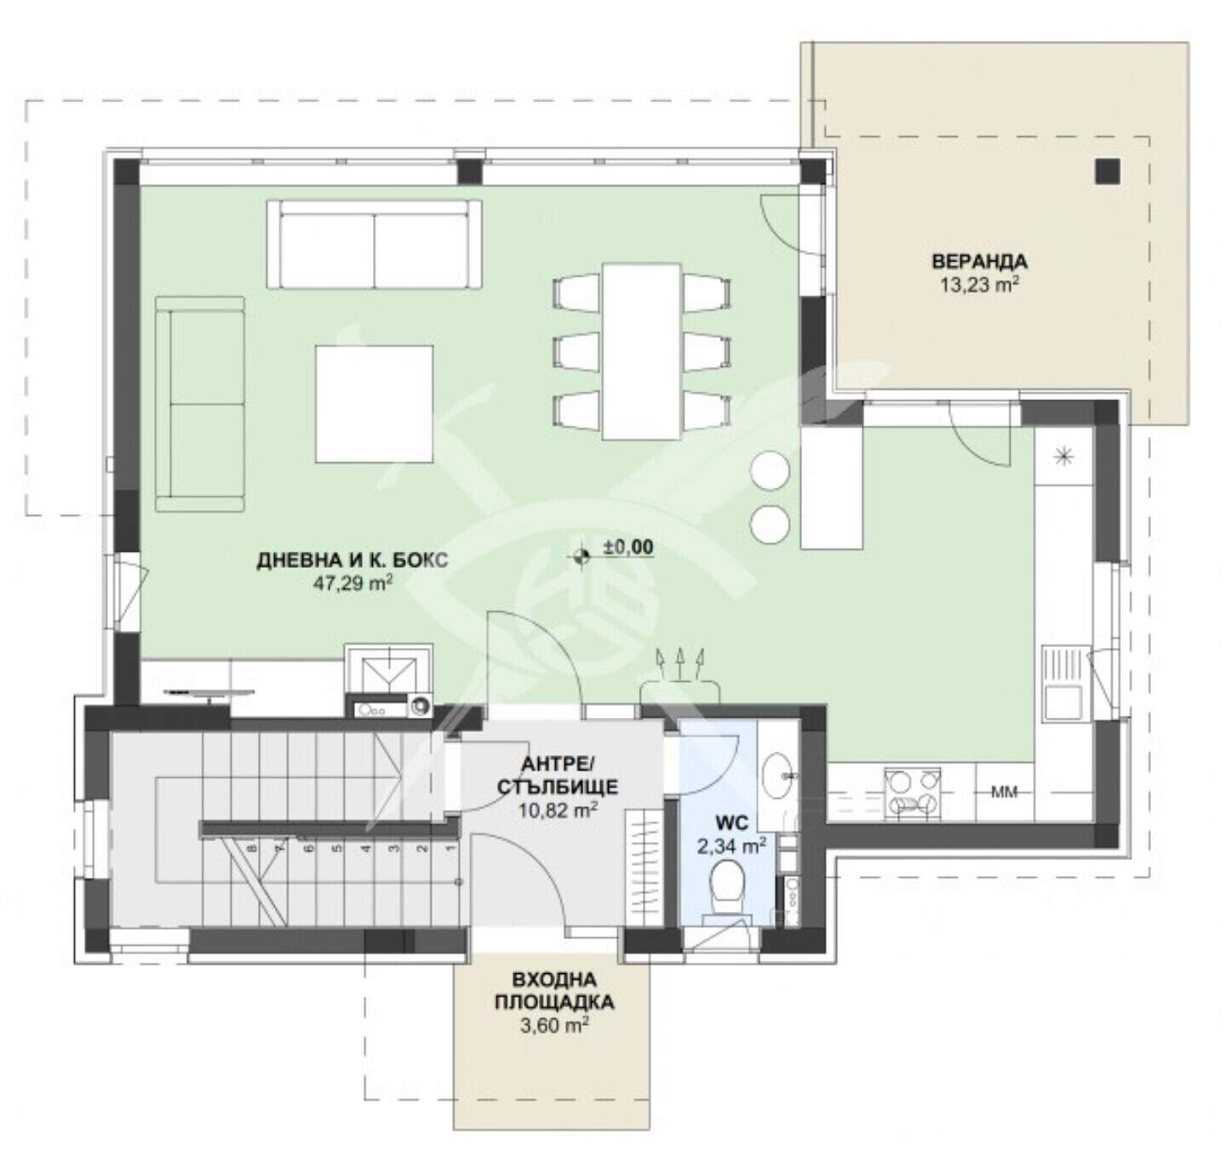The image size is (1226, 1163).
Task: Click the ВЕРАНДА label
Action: [x=979, y=261]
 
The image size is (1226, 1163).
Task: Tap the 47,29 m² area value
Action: [x=353, y=583]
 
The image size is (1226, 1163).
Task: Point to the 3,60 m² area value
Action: [x=554, y=1024]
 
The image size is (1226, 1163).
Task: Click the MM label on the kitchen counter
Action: [x=1005, y=792]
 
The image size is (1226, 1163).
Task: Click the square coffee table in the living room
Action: [x=374, y=404]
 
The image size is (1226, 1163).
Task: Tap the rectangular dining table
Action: [x=641, y=352]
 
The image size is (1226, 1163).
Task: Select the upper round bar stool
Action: [x=771, y=471]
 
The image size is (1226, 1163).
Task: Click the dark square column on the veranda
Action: [x=1108, y=171]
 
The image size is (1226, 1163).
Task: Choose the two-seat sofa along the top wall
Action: [x=374, y=244]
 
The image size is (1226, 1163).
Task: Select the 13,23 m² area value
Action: [x=979, y=285]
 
